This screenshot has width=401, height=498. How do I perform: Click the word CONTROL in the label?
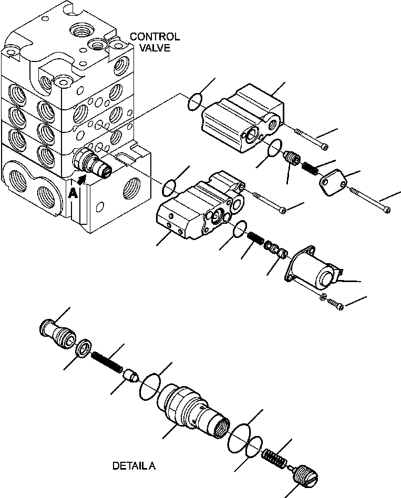click(155, 37)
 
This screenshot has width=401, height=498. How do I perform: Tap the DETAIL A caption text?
click(134, 465)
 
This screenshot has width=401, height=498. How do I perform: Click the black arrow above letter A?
click(80, 180)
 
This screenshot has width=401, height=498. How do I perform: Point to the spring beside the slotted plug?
click(275, 456)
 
